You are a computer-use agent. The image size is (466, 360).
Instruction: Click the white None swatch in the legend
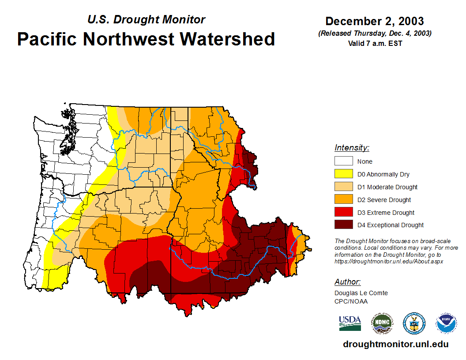click(x=343, y=161)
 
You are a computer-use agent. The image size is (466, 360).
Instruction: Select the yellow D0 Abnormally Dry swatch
click(x=343, y=174)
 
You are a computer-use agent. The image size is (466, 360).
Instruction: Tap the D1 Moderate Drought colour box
click(x=343, y=187)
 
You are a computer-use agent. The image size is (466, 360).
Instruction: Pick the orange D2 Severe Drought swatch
click(x=343, y=200)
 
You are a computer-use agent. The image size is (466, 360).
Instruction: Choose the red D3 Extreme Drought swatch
click(x=343, y=213)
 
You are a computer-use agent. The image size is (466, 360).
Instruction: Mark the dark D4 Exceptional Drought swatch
click(x=343, y=225)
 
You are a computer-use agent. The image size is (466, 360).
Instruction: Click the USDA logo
click(x=350, y=323)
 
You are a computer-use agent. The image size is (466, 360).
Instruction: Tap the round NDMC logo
click(x=382, y=323)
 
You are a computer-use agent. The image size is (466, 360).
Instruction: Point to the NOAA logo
click(x=446, y=323)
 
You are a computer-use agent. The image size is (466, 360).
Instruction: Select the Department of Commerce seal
click(x=414, y=323)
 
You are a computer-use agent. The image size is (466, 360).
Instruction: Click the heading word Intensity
click(x=352, y=148)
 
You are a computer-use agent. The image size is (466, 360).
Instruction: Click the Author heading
click(x=348, y=282)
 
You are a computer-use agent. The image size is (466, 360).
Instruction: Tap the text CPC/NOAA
click(x=351, y=301)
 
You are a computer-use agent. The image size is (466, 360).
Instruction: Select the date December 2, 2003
click(x=375, y=21)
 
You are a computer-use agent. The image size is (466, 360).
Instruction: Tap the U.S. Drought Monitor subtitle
click(x=146, y=20)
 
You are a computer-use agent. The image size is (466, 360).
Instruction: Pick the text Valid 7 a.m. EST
click(x=375, y=43)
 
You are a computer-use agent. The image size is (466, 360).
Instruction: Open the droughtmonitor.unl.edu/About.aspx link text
click(x=389, y=261)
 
